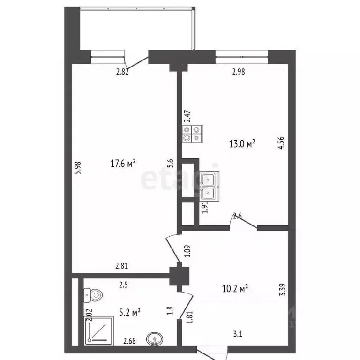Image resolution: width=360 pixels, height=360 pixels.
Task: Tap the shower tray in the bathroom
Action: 98,330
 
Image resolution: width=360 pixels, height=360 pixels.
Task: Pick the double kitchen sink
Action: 209,186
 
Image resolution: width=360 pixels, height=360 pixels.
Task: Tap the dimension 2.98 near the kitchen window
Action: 239,72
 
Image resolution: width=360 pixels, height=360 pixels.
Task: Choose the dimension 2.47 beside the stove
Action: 187,115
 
